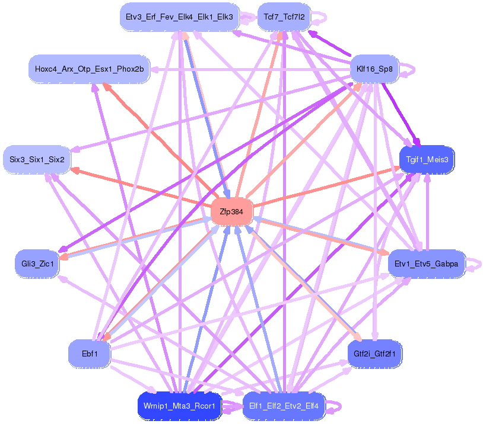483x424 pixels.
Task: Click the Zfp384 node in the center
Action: point(232,211)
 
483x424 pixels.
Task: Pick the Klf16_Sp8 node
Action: point(374,69)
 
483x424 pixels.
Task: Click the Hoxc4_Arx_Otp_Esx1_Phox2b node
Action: point(89,69)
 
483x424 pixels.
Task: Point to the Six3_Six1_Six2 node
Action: point(37,159)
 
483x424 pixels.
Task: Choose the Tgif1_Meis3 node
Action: point(427,159)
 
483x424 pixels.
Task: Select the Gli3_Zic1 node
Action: point(37,264)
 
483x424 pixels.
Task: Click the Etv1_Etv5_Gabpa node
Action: point(426,264)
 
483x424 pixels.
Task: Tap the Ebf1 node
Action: point(90,354)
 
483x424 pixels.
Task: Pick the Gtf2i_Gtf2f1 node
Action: point(374,354)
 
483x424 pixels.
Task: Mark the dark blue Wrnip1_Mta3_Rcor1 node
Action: point(179,406)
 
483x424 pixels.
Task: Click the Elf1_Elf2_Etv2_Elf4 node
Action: point(284,406)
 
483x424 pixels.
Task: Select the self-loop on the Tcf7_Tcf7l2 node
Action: point(320,17)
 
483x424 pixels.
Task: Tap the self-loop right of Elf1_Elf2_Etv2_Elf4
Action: point(335,407)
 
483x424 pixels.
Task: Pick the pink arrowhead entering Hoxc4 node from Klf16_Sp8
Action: point(154,69)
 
